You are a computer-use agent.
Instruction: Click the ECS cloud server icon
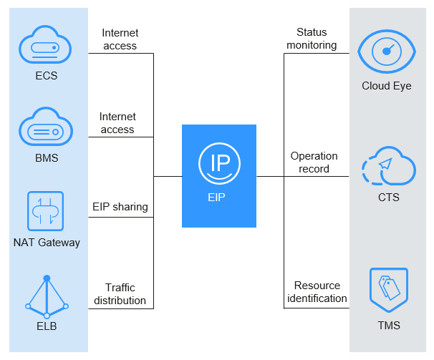pyautogui.click(x=46, y=47)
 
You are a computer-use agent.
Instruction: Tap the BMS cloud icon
pyautogui.click(x=46, y=128)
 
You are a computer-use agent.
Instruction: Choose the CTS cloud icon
pyautogui.click(x=387, y=166)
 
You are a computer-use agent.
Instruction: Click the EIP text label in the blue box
pyautogui.click(x=218, y=197)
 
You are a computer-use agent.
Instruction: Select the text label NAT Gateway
pyautogui.click(x=47, y=242)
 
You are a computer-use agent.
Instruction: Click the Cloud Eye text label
pyautogui.click(x=387, y=87)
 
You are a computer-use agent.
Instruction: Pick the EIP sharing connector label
pyautogui.click(x=120, y=207)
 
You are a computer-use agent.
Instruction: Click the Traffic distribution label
pyautogui.click(x=120, y=294)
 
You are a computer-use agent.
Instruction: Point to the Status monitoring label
pyautogui.click(x=312, y=39)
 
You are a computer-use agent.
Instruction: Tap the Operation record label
pyautogui.click(x=314, y=162)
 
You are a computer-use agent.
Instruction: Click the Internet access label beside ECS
pyautogui.click(x=120, y=39)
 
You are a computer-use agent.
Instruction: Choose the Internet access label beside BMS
pyautogui.click(x=117, y=123)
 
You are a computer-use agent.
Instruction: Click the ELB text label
pyautogui.click(x=47, y=326)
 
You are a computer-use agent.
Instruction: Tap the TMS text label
pyautogui.click(x=387, y=326)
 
